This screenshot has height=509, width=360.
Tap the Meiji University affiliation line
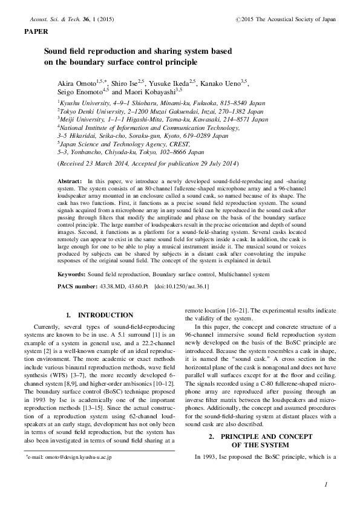[x=162, y=120]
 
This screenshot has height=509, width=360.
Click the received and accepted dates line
[x=148, y=164]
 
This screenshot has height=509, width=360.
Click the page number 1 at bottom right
[x=326, y=484]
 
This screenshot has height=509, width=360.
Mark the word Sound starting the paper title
[x=56, y=52]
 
